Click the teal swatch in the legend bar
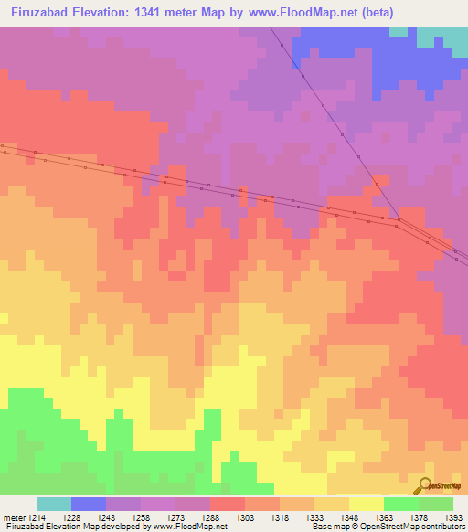tap(54, 504)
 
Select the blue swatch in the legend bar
tap(89, 504)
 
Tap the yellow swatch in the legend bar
tap(366, 504)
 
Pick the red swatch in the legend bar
tap(227, 504)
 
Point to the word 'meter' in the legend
tap(16, 517)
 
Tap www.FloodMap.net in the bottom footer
tap(190, 527)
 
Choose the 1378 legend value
tap(419, 517)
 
